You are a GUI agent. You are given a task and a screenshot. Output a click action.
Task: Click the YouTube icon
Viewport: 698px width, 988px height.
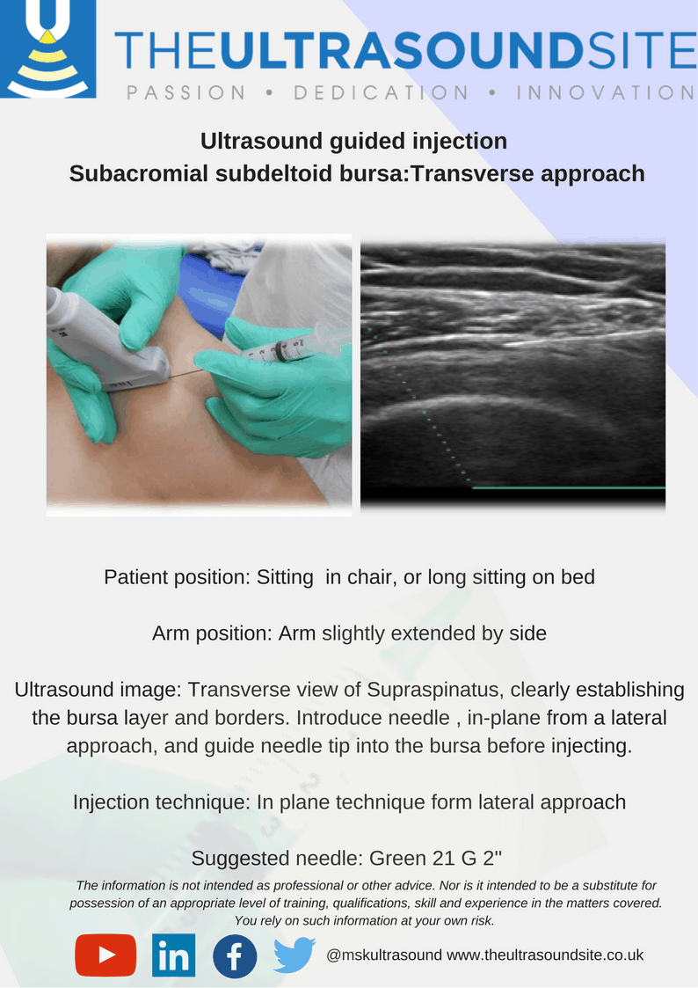(105, 955)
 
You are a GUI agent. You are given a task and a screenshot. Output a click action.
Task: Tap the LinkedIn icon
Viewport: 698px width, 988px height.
(174, 955)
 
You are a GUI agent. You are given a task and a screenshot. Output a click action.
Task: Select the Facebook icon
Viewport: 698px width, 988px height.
(235, 955)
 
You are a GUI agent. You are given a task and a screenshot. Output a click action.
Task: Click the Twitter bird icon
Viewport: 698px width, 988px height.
(294, 955)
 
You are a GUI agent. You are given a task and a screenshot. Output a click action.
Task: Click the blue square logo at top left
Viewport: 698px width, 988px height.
(47, 48)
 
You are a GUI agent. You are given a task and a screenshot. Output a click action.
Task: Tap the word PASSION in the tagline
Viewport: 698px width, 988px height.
(185, 92)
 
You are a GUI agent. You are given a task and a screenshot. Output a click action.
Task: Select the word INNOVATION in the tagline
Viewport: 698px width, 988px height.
(606, 92)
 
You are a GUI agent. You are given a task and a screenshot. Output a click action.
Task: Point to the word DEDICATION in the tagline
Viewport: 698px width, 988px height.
(381, 92)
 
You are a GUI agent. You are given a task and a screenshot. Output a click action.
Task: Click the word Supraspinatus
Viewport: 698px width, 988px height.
(434, 690)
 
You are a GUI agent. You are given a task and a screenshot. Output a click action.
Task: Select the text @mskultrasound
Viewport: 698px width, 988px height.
(383, 955)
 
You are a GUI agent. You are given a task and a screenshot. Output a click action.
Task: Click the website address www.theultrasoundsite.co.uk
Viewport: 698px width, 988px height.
(545, 955)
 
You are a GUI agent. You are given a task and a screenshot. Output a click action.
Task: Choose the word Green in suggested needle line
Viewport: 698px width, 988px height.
(395, 858)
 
